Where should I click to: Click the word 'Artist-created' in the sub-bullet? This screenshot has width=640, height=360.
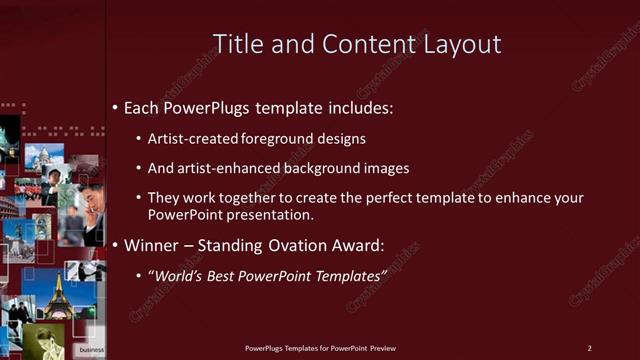pos(190,139)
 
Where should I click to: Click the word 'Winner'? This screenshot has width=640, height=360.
pos(152,244)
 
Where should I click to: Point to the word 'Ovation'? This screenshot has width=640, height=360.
pos(288,244)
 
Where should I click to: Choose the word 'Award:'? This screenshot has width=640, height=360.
pos(356,244)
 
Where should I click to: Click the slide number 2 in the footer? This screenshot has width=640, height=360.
pos(589,348)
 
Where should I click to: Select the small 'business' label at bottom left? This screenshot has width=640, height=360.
pos(91,350)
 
